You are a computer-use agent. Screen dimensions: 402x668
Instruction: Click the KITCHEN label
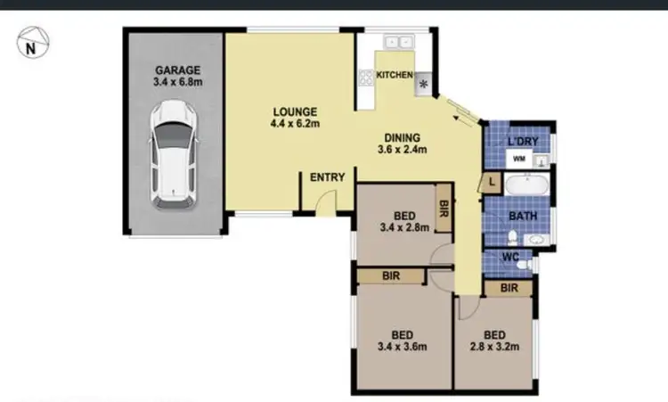coord(394,76)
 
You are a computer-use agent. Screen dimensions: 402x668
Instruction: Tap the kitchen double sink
coord(396,42)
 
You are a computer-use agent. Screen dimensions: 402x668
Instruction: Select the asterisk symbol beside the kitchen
coord(422,86)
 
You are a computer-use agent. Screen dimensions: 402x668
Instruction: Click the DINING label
coord(403,137)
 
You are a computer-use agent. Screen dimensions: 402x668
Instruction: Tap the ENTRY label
coord(327,177)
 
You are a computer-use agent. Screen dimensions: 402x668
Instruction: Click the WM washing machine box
coord(517,160)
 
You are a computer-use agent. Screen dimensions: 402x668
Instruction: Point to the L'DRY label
coord(522,143)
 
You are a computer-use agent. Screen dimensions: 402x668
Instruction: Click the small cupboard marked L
coord(489,183)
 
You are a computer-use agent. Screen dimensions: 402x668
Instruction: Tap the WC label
coord(510,258)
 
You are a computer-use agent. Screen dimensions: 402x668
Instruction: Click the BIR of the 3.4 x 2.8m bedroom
coord(443,208)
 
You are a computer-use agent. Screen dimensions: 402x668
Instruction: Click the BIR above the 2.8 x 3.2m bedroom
coord(509,288)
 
